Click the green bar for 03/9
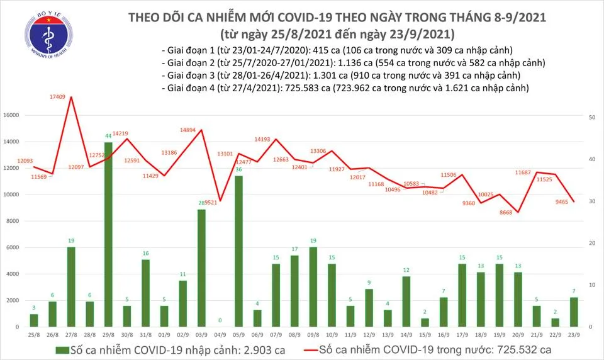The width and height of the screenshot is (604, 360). click(x=201, y=268)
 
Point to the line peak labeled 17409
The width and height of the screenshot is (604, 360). click(x=71, y=98)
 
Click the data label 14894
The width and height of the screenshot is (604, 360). click(x=188, y=130)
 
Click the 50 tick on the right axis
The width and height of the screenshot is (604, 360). click(x=592, y=118)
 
